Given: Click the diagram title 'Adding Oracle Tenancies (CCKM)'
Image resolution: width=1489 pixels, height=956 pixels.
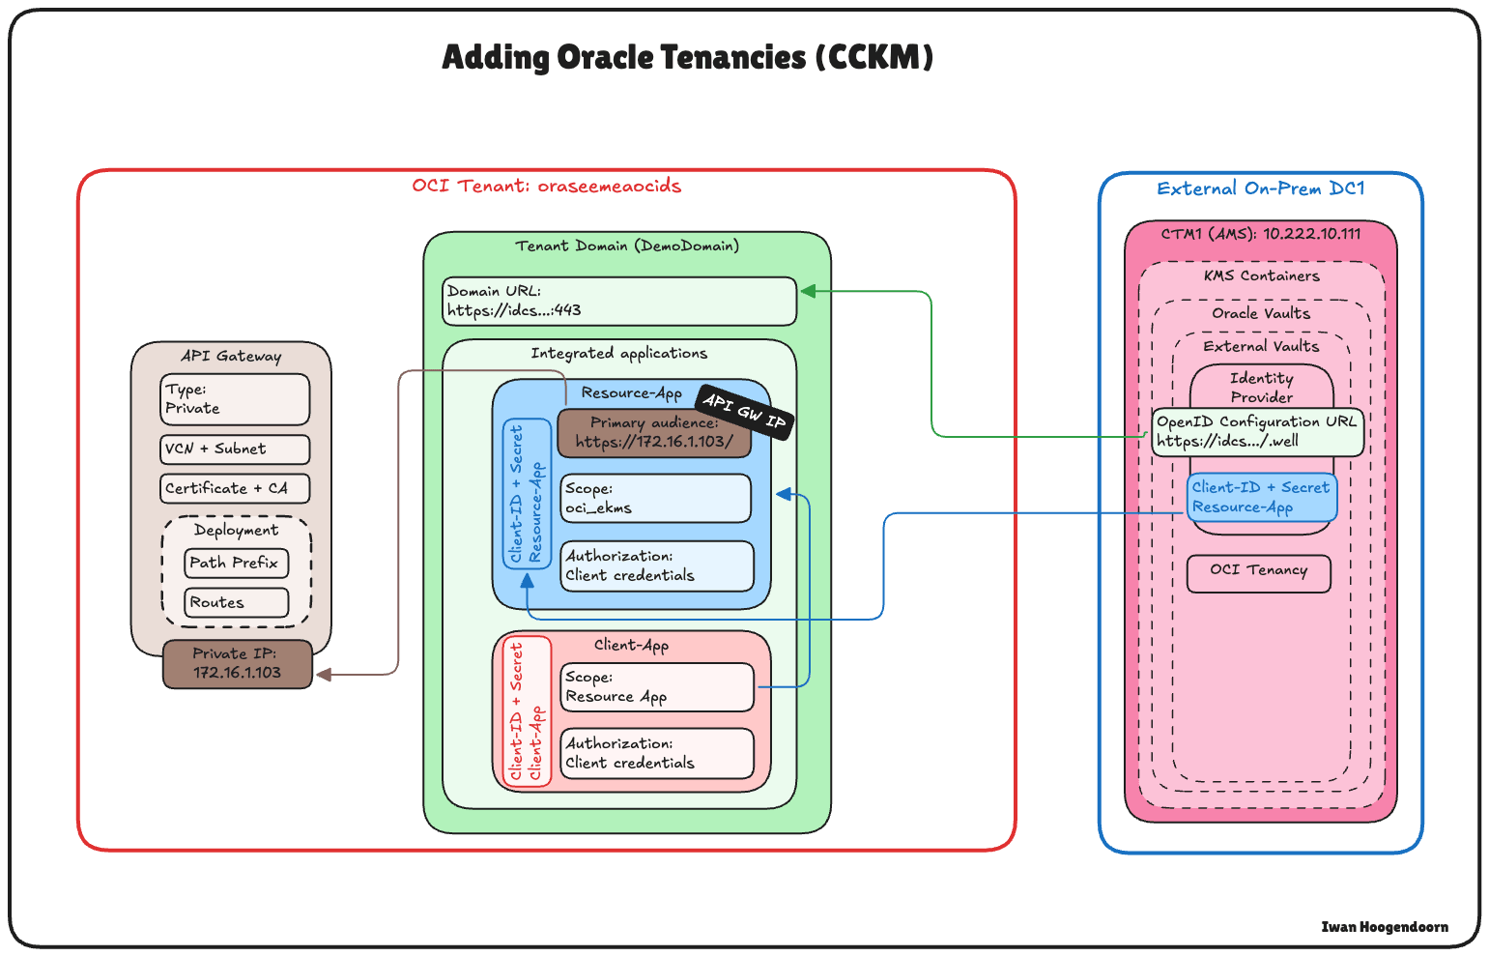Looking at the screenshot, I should pyautogui.click(x=687, y=58).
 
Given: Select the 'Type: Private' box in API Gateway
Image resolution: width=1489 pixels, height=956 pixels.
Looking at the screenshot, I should pyautogui.click(x=235, y=399).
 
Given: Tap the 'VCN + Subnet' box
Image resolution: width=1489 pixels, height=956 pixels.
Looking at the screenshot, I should pyautogui.click(x=235, y=449).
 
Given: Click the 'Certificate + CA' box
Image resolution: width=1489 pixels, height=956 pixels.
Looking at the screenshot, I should pyautogui.click(x=235, y=489).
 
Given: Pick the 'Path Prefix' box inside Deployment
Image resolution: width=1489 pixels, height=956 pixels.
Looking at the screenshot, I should pyautogui.click(x=236, y=563).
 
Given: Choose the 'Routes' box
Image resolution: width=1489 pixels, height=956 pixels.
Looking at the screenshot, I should pyautogui.click(x=236, y=602).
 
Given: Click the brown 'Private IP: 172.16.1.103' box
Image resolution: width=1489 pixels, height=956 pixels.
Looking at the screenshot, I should pyautogui.click(x=238, y=664).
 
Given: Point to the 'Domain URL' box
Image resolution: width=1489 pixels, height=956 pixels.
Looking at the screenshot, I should pyautogui.click(x=619, y=302).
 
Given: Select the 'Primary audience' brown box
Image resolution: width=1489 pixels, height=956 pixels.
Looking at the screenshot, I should pyautogui.click(x=654, y=433).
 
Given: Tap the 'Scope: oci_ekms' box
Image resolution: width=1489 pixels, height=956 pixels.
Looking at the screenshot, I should pyautogui.click(x=655, y=499).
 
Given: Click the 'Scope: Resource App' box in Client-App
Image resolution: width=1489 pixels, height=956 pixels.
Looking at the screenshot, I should pyautogui.click(x=657, y=687).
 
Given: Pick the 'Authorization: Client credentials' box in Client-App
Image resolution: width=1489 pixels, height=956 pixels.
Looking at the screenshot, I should pyautogui.click(x=657, y=753).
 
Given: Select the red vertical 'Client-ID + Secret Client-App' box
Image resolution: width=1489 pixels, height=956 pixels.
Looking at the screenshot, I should pyautogui.click(x=528, y=711).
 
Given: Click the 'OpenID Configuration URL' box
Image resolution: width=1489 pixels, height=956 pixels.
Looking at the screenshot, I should pyautogui.click(x=1257, y=432).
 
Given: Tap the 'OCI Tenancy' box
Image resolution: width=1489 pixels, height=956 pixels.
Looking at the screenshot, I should pyautogui.click(x=1258, y=572).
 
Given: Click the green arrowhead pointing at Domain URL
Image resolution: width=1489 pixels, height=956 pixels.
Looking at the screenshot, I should pyautogui.click(x=808, y=291).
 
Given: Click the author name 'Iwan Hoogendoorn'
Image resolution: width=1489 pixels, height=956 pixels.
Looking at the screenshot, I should pyautogui.click(x=1384, y=927).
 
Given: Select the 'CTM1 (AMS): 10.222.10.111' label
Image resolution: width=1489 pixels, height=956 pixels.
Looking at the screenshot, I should pyautogui.click(x=1260, y=234).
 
